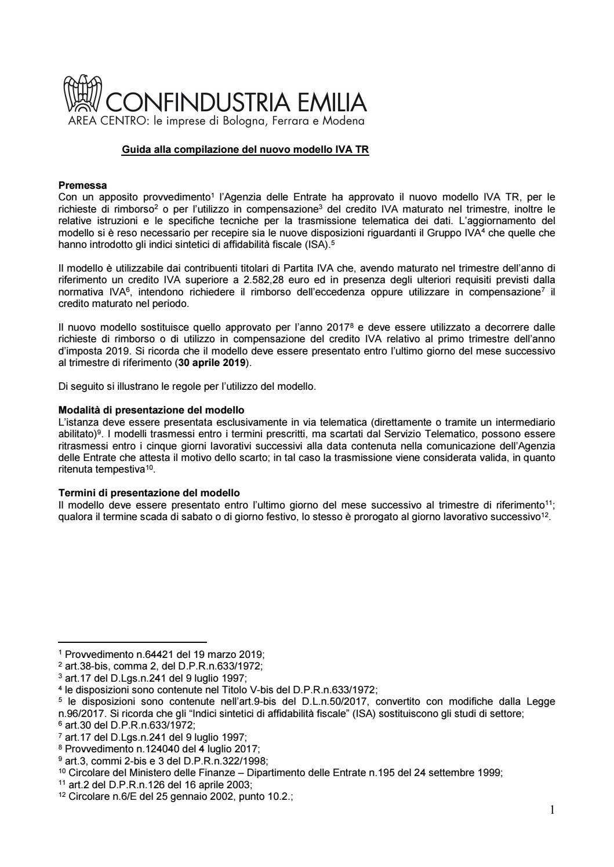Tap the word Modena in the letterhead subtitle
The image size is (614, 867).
tap(344, 122)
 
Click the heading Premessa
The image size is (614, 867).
tap(82, 186)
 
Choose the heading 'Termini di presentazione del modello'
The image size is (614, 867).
tap(149, 493)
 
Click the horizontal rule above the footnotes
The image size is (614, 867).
tap(132, 642)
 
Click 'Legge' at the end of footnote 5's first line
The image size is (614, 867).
tap(542, 701)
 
